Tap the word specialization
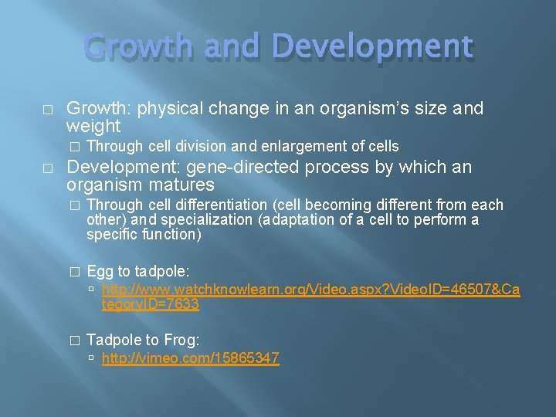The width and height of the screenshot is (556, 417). point(210,220)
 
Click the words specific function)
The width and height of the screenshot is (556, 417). point(144,235)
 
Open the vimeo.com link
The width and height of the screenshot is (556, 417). point(190,358)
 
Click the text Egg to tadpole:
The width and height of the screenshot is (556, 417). point(138,272)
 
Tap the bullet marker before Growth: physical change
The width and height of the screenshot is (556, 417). point(48,110)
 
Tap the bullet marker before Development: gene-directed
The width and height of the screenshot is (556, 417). point(48,168)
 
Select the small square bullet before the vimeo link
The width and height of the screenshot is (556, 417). point(92,359)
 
